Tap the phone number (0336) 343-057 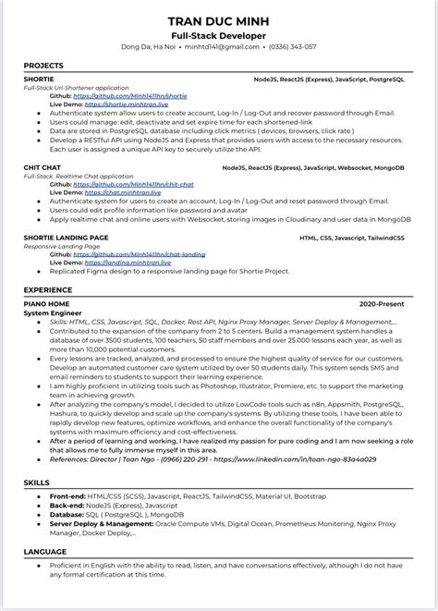pos(291,46)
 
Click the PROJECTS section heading pos(43,66)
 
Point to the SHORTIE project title pos(38,80)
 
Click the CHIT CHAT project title pos(42,168)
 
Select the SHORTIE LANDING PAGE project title pos(66,238)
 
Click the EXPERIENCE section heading pos(48,289)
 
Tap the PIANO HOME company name pos(46,304)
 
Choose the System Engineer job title pos(55,312)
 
